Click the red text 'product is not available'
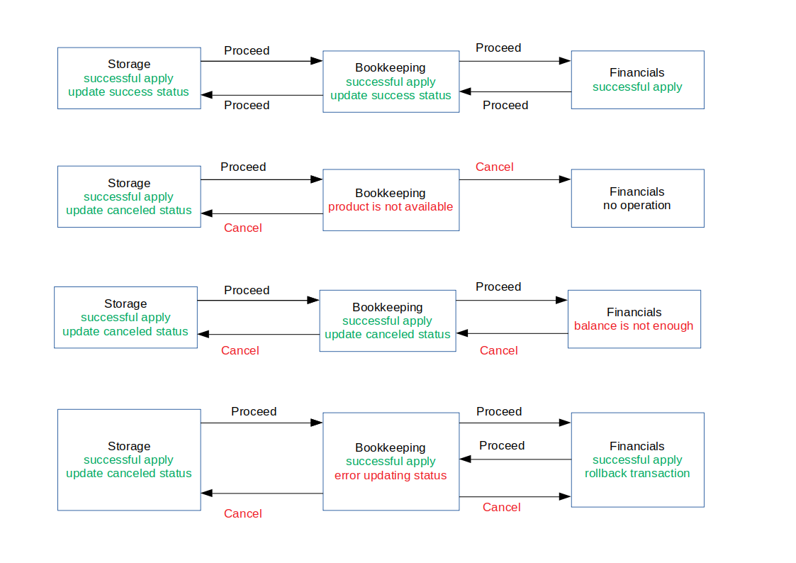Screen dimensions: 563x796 click(391, 206)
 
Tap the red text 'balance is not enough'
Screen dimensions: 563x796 click(634, 326)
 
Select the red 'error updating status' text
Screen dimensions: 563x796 click(391, 475)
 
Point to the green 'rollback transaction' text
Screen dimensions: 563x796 click(637, 473)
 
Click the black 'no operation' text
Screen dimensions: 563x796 click(637, 205)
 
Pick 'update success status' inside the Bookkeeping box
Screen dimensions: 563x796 click(391, 95)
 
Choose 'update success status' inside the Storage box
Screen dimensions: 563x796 click(129, 91)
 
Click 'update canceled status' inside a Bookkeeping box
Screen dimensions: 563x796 click(388, 334)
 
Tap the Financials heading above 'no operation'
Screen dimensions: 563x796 click(637, 191)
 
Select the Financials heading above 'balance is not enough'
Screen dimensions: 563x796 click(634, 312)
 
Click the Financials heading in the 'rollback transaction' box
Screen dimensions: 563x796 click(637, 446)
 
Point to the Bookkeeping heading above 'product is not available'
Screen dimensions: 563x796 click(391, 193)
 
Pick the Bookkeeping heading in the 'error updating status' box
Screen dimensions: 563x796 click(391, 447)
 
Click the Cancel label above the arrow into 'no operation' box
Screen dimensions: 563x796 click(495, 167)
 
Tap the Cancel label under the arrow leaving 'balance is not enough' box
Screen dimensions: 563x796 click(499, 350)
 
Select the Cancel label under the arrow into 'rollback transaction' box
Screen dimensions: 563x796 click(502, 507)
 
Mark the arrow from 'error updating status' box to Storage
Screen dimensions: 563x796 click(262, 493)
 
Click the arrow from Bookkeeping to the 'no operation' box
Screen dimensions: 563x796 click(515, 179)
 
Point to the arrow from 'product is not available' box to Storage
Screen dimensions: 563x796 click(262, 213)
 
